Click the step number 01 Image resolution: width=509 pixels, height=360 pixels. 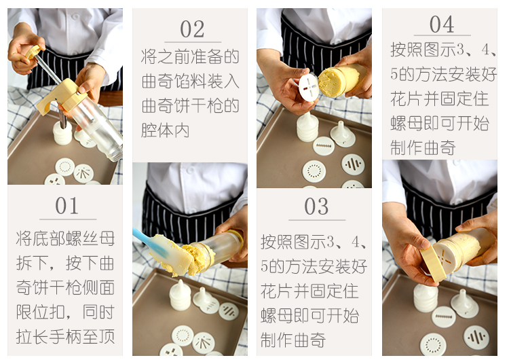pos(67,206)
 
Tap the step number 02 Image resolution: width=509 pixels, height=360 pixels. pos(192,29)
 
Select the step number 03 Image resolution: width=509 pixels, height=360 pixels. pos(316,206)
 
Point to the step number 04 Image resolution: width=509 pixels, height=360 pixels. pos(442,24)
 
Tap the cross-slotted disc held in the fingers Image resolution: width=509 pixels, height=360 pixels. pos(309,87)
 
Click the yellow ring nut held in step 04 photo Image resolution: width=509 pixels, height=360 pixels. pos(434,264)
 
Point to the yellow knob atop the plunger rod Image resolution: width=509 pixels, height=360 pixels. pos(33,52)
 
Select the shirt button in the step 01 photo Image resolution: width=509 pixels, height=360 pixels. pos(75,16)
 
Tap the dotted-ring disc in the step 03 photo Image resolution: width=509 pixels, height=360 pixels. pos(314,171)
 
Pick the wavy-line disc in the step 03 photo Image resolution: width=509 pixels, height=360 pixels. pos(353,164)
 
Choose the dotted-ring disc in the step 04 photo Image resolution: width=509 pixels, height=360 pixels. pos(433,344)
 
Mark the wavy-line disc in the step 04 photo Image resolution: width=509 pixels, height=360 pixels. pos(476,338)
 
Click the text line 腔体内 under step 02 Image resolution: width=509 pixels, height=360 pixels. pos(165,130)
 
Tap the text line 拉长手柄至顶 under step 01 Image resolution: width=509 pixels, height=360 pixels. pos(65,336)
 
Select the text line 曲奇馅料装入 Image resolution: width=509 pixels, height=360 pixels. pos(191,82)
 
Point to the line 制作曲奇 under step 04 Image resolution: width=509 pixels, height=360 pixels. pos(423,148)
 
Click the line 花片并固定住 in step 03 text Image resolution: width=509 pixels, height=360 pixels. pos(309,291)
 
